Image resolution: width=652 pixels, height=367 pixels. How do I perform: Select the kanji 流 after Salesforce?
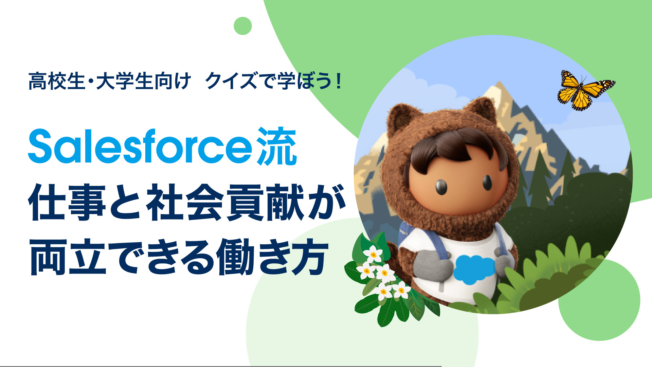coord(277,146)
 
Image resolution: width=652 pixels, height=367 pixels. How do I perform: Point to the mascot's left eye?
coord(441,187)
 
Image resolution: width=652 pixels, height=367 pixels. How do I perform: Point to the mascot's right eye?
coord(487,182)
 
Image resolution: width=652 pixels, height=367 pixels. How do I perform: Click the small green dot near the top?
coord(243,26)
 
